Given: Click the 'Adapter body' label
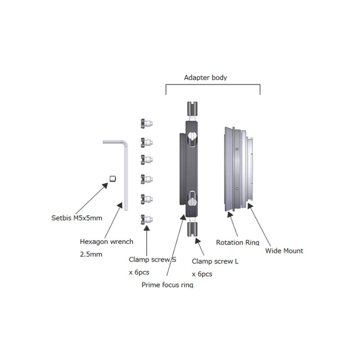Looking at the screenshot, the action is pos(206,78).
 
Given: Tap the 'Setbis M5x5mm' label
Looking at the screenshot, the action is pos(76,218).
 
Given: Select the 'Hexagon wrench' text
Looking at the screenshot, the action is pos(107,242).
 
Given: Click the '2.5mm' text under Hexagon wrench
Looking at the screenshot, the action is pos(91,254).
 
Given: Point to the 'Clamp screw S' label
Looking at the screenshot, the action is pos(153,260).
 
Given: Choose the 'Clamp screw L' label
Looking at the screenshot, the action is pos(215,261).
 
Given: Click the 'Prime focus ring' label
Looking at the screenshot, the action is pos(167,285).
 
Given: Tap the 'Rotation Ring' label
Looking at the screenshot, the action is pos(238,243).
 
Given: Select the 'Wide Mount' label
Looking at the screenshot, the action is pos(284,251).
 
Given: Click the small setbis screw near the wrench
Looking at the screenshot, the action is pos(112,179).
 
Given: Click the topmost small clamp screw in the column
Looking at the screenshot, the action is pos(147,123).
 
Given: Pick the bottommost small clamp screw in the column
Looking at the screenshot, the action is pos(147,220).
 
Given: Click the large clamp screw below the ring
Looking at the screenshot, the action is pos(193,229).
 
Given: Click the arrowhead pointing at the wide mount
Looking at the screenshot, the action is pos(250,206).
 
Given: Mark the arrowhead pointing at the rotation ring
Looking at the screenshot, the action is pos(230,215).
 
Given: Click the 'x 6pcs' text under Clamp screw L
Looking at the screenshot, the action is pos(202,274).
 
